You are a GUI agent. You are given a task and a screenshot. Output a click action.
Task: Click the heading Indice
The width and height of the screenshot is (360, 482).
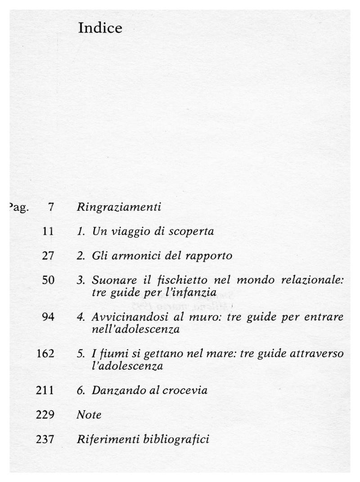tap(100, 28)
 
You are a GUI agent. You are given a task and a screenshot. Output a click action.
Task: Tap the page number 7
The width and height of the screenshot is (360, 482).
tap(51, 207)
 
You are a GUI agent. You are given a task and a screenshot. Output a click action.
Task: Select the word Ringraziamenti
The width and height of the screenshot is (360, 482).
tap(119, 208)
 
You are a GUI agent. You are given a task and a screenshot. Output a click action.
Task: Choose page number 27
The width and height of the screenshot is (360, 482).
tap(48, 256)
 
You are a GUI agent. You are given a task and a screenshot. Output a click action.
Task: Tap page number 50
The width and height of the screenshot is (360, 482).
tap(48, 280)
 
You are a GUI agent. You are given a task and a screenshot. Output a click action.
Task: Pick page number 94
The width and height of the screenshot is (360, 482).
tap(48, 317)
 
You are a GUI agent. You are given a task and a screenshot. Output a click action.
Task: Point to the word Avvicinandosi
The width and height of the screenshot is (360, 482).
tap(124, 317)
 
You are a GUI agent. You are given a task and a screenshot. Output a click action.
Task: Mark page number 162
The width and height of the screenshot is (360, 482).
tap(45, 353)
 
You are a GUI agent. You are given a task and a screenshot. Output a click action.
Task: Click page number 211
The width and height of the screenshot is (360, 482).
tap(45, 390)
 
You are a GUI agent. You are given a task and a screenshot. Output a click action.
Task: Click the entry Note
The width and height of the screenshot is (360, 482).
tap(89, 414)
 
